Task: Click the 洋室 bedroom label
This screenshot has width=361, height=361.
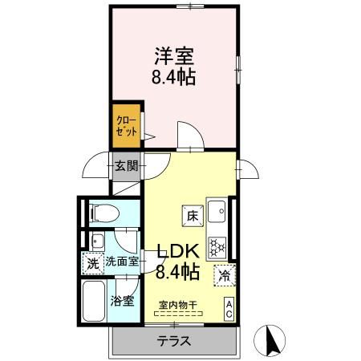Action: (174, 57)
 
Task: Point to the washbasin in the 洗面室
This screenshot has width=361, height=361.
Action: (98, 240)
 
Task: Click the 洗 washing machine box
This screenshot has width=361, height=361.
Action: (92, 262)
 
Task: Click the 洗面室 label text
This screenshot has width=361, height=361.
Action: (122, 262)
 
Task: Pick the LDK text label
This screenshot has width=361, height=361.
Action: (178, 249)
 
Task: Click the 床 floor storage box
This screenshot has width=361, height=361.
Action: (193, 215)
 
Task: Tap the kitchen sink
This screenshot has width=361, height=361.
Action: (217, 211)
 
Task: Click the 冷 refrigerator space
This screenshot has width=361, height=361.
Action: (224, 274)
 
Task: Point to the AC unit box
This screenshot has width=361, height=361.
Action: (229, 308)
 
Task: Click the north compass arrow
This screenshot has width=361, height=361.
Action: (270, 340)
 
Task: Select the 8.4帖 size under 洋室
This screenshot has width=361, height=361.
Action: (174, 78)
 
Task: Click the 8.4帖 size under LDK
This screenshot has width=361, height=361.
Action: (178, 271)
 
